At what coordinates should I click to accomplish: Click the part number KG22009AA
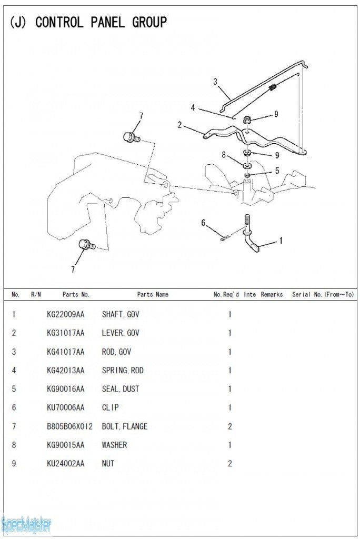[x=65, y=315]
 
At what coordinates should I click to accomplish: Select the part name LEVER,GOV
[x=121, y=333]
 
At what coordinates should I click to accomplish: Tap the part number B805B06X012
[x=69, y=426]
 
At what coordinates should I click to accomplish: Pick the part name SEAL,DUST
[x=121, y=389]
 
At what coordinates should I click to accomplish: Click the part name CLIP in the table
[x=111, y=407]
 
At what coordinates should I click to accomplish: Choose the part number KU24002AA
[x=65, y=464]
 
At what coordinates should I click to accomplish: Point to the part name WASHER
[x=114, y=445]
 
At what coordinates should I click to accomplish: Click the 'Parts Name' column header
[x=153, y=295]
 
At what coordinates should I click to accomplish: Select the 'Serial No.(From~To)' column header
[x=323, y=295]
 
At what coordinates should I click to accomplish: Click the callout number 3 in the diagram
[x=215, y=81]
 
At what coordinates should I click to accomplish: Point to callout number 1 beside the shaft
[x=281, y=241]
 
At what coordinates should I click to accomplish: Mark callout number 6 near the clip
[x=203, y=223]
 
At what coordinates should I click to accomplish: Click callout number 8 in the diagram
[x=224, y=155]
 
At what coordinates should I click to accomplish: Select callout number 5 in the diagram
[x=277, y=170]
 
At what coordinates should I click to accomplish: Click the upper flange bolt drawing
[x=131, y=137]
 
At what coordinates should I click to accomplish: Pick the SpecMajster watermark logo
[x=26, y=524]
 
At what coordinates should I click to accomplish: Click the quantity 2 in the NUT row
[x=229, y=464]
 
